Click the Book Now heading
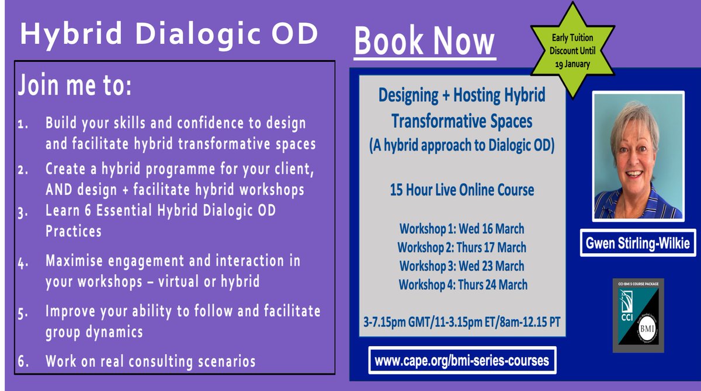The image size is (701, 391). tap(425, 42)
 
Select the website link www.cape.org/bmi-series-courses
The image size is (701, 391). tap(461, 361)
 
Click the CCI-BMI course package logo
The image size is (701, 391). tap(638, 315)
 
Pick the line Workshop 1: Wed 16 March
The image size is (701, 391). tap(461, 228)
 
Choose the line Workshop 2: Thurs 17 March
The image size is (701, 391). tap(461, 247)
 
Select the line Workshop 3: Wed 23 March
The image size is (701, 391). tap(461, 266)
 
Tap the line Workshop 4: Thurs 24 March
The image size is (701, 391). tap(461, 285)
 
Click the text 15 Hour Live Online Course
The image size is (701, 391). tap(461, 190)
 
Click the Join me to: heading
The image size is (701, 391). tap(75, 86)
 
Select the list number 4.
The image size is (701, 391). tap(23, 263)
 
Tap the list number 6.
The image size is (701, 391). tap(23, 362)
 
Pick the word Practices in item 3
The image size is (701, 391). tap(74, 231)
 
